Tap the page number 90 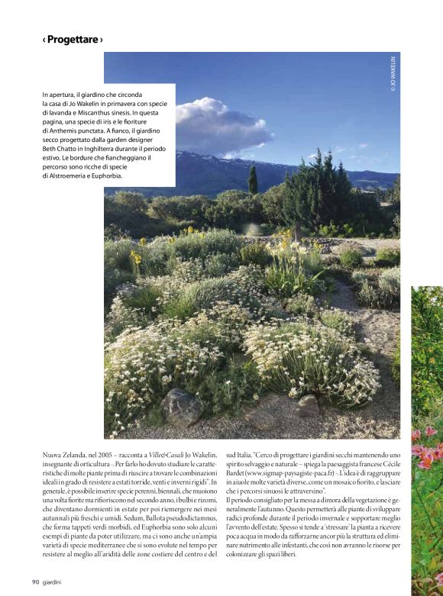[36, 582]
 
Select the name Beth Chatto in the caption [61, 149]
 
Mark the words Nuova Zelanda [63, 455]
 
